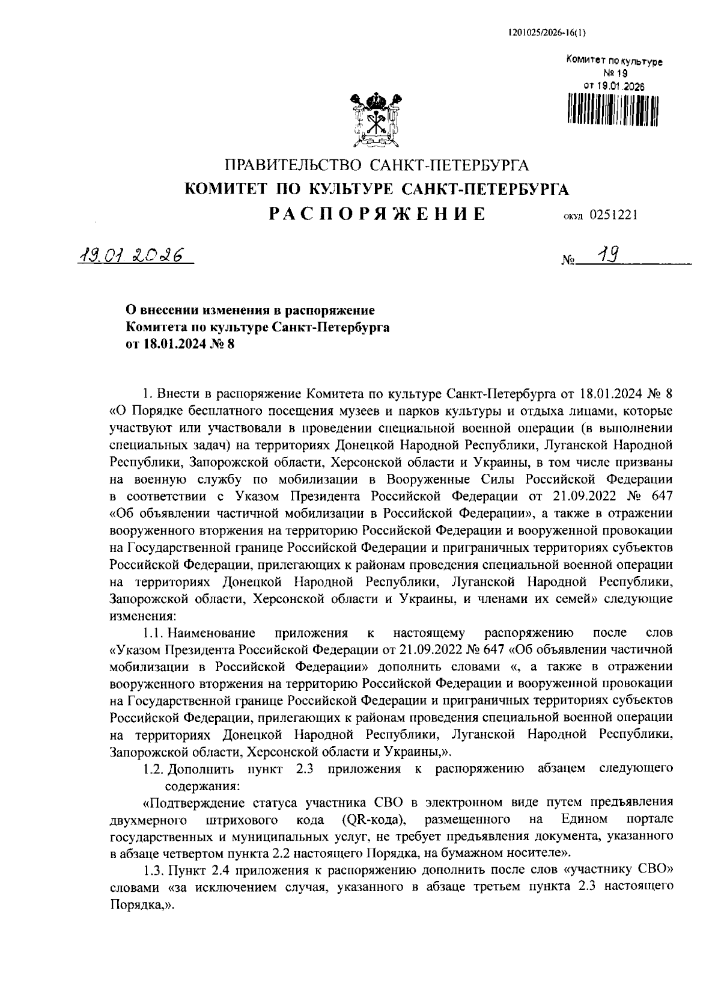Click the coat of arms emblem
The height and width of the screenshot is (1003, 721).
[376, 119]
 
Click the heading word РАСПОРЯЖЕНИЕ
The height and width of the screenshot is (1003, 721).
[376, 214]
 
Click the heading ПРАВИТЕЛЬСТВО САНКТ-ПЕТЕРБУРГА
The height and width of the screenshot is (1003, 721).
[377, 165]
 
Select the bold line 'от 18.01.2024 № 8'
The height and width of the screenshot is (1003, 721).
[179, 344]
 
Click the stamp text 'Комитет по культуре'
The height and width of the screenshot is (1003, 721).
[614, 61]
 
